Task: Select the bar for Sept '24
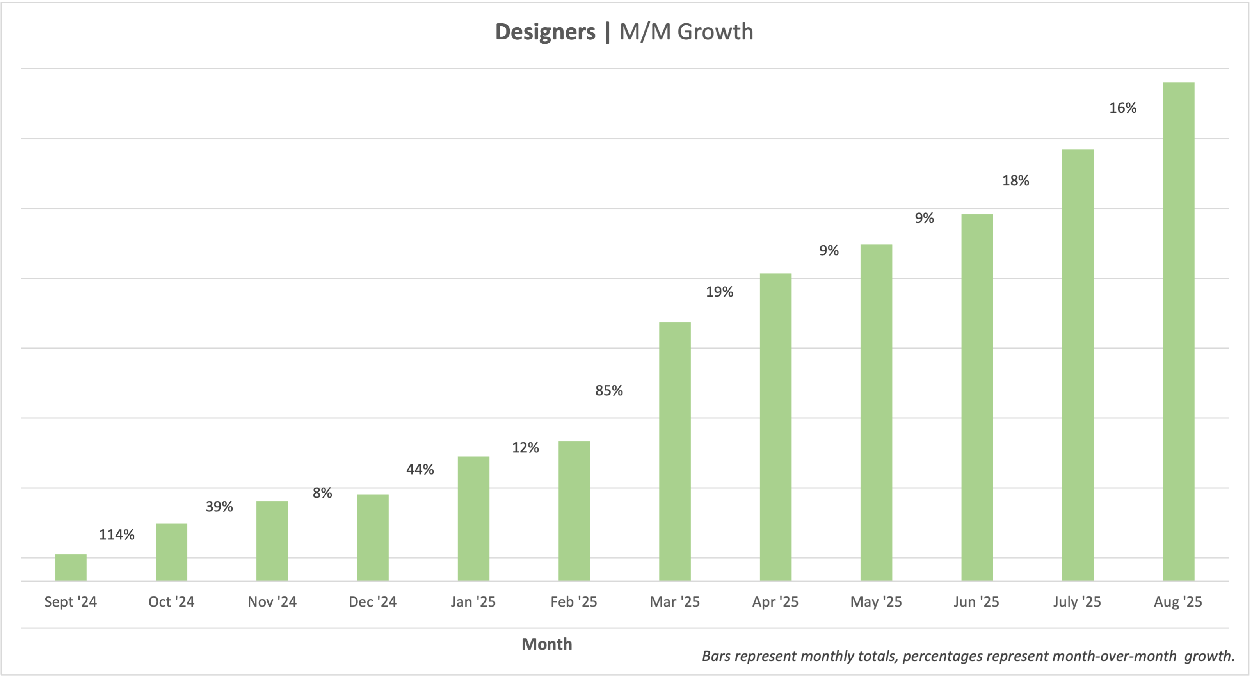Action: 71,567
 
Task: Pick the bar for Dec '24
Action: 373,537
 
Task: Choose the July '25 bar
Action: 1078,365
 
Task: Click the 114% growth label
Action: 117,535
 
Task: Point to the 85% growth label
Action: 608,390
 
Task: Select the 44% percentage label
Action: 420,469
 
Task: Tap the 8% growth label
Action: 322,493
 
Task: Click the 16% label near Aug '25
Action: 1123,108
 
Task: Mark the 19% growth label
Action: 719,292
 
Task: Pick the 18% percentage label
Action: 1015,181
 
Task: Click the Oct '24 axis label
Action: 171,602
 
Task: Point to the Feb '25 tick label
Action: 574,602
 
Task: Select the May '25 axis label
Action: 876,602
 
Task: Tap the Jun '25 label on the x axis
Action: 976,602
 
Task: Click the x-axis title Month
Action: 547,644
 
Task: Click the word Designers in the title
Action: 545,32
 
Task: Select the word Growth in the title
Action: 715,32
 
